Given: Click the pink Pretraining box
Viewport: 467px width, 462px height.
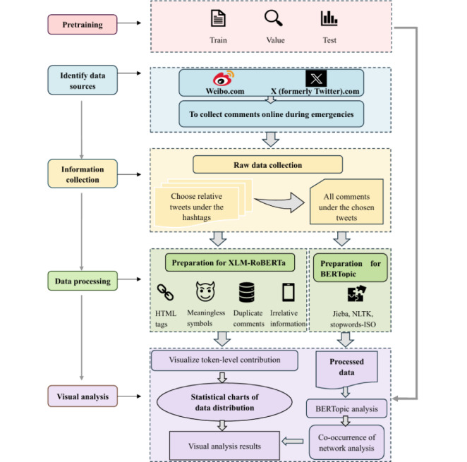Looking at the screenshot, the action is point(83,25).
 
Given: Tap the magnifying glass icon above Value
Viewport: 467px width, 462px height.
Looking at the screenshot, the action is point(274,18).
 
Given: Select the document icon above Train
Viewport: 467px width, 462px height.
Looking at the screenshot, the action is point(218,18).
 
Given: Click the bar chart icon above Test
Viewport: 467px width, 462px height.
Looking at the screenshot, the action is point(329,18).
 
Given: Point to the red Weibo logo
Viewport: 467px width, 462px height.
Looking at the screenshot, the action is point(224,78).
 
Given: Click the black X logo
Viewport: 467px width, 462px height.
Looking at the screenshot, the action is point(316,78).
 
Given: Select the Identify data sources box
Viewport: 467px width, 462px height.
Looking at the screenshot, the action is point(83,80).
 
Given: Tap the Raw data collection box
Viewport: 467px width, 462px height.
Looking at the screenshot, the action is point(268,164).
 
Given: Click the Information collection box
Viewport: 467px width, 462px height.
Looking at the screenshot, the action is point(83,174).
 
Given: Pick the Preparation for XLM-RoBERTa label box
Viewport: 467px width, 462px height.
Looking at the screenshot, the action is point(230,262).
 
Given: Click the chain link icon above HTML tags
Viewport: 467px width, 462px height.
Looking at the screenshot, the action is point(165,292).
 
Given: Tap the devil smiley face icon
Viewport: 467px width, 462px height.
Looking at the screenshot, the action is point(205,291).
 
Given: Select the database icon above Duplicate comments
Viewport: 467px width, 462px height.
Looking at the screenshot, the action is point(247,292).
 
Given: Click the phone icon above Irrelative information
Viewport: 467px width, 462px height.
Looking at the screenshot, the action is point(289,292).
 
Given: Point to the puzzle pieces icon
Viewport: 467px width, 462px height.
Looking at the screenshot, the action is point(356,293).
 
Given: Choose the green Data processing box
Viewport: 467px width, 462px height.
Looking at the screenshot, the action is point(83,281).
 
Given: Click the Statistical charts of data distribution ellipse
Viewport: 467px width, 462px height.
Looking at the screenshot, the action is point(224,402).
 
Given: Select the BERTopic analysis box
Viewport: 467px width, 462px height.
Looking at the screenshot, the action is point(346,408).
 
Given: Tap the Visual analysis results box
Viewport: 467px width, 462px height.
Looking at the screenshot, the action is point(224,446).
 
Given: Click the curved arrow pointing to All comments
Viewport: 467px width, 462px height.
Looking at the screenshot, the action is point(279,202).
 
